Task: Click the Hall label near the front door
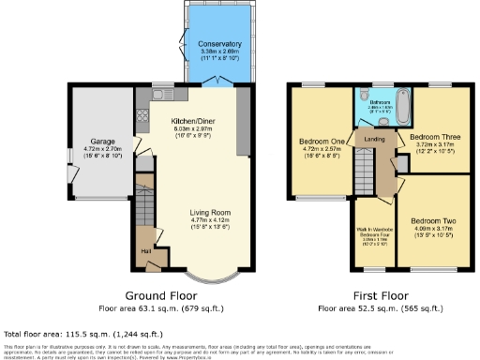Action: point(145,251)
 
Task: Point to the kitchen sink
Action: point(155,93)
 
